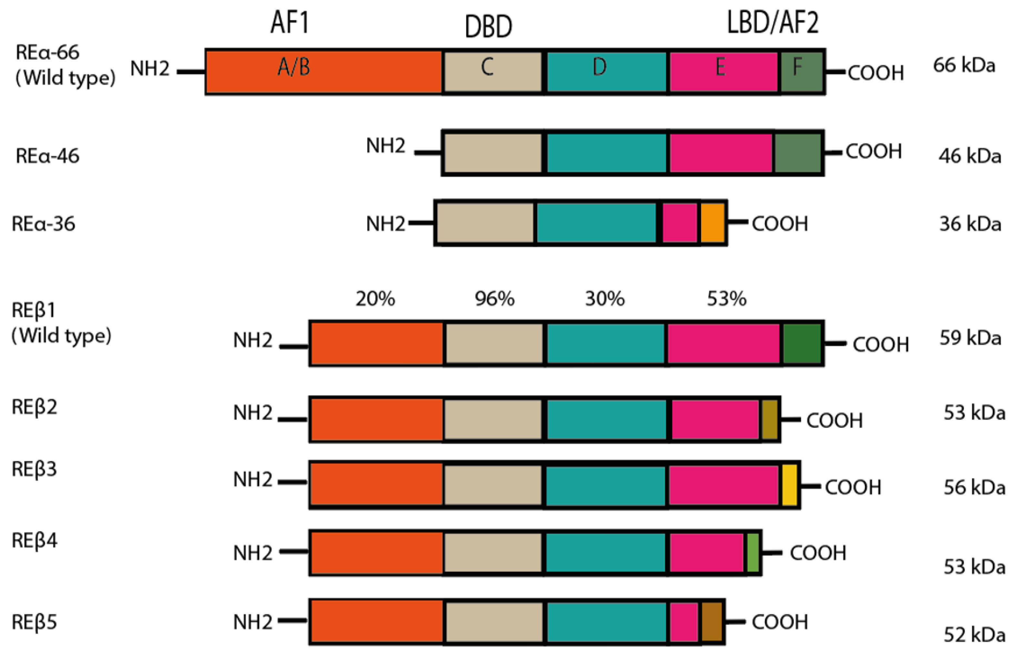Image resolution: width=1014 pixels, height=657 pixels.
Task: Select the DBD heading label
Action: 488,26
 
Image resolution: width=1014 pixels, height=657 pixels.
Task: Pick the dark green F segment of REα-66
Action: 801,72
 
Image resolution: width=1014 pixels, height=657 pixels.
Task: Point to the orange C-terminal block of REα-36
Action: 712,223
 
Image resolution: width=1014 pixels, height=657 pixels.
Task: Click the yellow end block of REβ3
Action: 790,485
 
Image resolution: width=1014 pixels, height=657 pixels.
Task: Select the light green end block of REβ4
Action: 752,553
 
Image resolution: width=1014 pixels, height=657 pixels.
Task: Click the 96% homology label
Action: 494,299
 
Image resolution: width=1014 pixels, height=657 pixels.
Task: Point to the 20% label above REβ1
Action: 375,299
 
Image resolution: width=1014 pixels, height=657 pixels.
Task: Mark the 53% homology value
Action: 726,299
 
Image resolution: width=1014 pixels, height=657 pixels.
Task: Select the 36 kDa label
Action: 970,224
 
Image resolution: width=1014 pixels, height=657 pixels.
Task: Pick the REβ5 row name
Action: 34,622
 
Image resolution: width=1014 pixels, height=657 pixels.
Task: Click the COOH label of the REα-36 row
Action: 780,224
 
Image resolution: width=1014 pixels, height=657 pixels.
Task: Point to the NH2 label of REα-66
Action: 150,68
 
